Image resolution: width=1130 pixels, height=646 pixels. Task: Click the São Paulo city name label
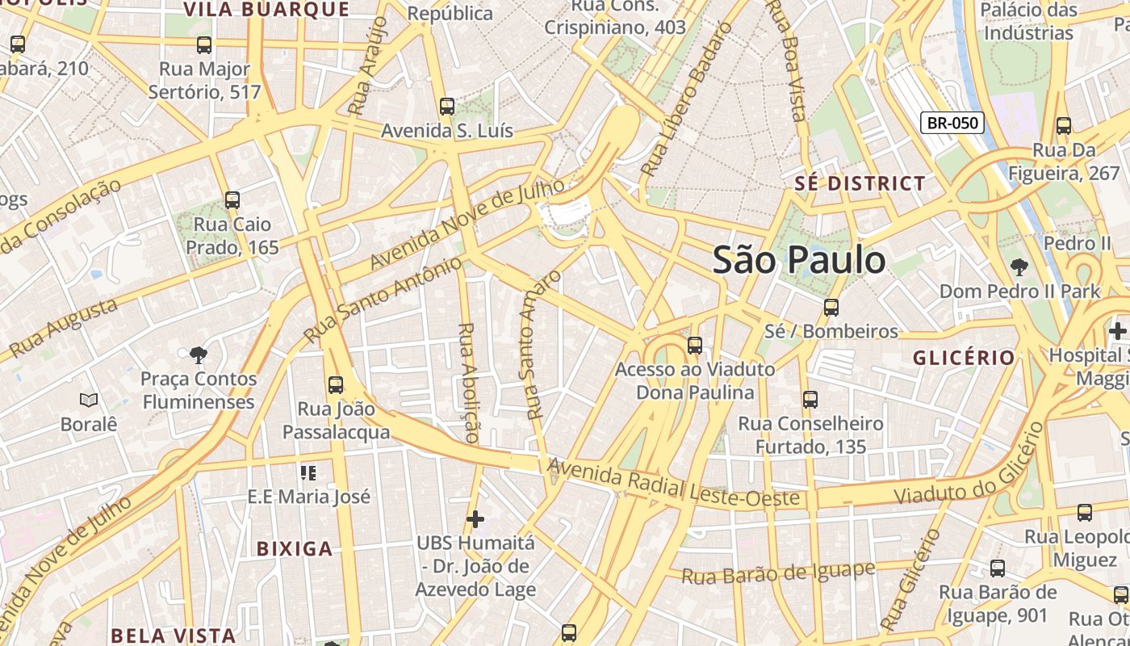click(x=799, y=260)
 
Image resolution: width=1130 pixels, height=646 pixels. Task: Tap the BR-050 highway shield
click(x=952, y=124)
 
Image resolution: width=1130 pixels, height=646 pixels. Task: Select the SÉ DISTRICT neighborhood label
click(x=860, y=183)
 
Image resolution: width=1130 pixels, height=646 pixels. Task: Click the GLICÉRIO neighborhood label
click(x=964, y=358)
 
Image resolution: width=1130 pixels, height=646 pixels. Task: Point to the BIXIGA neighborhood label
click(x=295, y=549)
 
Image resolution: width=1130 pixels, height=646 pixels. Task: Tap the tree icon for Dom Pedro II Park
click(x=1019, y=266)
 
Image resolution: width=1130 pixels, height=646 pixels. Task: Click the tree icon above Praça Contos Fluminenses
click(x=198, y=354)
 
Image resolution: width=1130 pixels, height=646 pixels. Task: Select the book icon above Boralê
click(x=89, y=400)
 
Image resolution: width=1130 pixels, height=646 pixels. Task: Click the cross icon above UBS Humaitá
click(x=475, y=518)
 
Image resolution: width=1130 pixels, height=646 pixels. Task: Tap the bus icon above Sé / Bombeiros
click(x=831, y=308)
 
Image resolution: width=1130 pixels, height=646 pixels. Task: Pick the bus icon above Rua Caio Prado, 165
click(x=232, y=199)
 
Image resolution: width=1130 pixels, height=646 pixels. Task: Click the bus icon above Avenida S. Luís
click(x=446, y=107)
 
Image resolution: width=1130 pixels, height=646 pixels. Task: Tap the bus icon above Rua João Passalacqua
click(x=336, y=385)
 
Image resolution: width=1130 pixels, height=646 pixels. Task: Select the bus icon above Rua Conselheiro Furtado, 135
click(x=810, y=400)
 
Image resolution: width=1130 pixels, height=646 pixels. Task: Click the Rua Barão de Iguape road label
click(x=778, y=573)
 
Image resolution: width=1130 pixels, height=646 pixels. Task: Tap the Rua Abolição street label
click(x=468, y=382)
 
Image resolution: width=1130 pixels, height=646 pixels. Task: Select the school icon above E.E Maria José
click(x=308, y=472)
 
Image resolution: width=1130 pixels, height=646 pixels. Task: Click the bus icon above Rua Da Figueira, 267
click(x=1064, y=126)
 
